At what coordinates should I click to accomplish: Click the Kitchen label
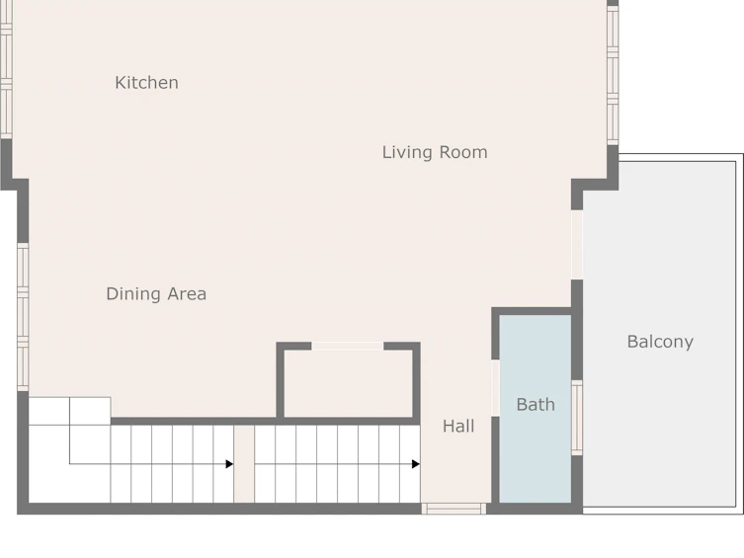(146, 83)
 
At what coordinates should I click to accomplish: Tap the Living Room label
(435, 152)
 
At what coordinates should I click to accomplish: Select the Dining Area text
(156, 294)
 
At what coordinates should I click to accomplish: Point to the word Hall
(458, 427)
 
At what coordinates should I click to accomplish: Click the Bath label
(536, 404)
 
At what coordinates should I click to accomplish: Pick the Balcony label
(660, 342)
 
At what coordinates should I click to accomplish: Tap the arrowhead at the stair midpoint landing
(229, 463)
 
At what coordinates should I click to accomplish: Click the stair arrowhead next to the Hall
(416, 463)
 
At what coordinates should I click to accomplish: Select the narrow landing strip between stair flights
(244, 463)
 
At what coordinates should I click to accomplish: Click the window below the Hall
(454, 509)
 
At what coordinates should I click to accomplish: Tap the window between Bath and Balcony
(577, 418)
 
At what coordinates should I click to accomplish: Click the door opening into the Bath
(495, 388)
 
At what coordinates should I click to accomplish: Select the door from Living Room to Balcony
(577, 245)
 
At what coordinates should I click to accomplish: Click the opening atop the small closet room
(348, 346)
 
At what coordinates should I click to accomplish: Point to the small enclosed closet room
(348, 384)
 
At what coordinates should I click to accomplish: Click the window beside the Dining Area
(23, 317)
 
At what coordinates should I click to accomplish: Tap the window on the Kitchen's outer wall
(6, 69)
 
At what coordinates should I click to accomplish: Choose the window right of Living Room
(613, 75)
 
